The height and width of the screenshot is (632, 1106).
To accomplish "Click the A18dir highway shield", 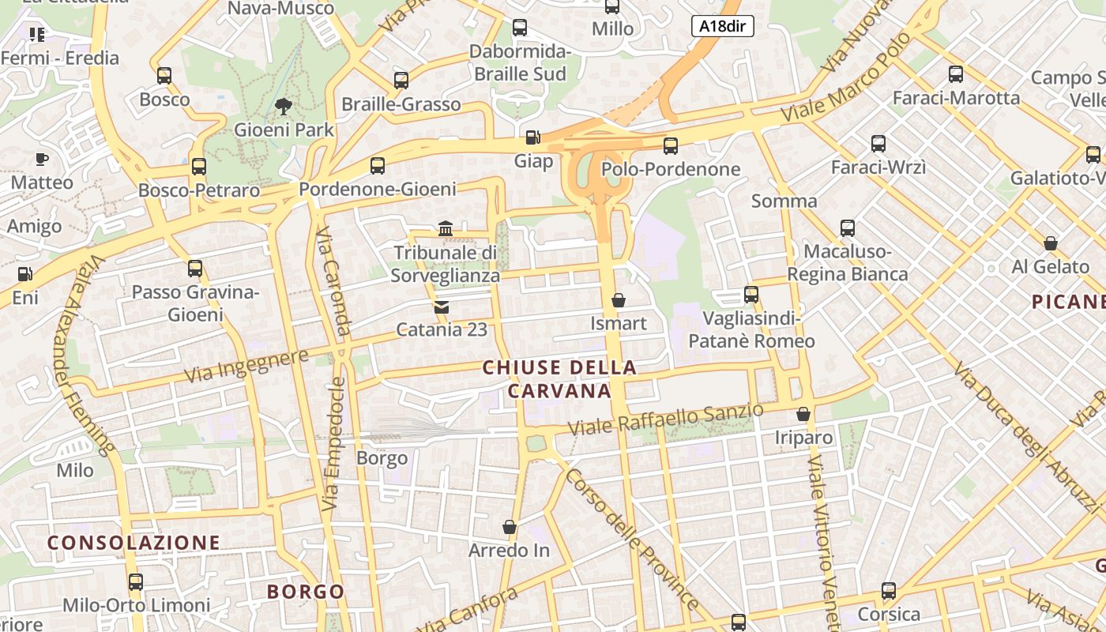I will point(722,26).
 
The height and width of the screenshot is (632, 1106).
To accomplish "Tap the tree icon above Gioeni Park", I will point(283,106).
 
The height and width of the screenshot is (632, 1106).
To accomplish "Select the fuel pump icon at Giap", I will point(534,137).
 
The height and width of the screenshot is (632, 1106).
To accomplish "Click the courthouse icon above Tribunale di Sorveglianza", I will point(446,229).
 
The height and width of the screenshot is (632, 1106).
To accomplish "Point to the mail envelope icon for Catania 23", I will point(442,307).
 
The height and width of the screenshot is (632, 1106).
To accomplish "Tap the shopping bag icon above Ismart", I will point(619,300).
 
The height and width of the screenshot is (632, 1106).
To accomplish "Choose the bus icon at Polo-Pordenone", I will point(671,145).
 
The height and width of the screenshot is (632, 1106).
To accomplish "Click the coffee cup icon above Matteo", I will point(41,160).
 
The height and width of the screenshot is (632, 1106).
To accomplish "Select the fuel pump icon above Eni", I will point(24,275).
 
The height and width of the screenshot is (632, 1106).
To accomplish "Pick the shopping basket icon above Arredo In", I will point(510,526).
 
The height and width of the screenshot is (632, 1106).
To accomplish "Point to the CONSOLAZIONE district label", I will point(134,543).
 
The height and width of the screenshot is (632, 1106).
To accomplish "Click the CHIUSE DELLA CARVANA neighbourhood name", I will point(559,379).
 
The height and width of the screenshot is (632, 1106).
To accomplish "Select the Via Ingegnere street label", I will point(246,367).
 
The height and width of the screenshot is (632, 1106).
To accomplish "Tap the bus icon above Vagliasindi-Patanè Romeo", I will point(751,295).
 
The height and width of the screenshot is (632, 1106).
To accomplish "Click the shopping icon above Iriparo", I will point(803,414).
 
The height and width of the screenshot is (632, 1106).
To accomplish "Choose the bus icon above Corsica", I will point(889,591).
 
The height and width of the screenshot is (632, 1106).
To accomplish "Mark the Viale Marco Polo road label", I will point(846,77).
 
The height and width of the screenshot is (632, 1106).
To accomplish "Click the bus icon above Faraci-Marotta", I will point(956,74).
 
